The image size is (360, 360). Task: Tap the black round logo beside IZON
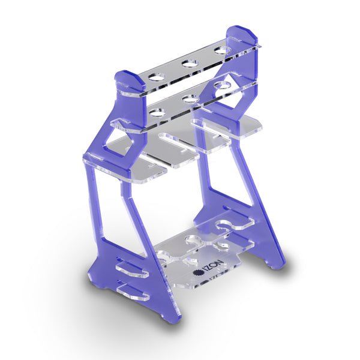click(197, 272)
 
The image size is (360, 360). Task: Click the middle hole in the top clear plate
click(190, 62)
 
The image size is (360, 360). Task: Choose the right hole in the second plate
click(224, 85)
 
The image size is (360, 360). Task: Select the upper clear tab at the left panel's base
click(132, 266)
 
